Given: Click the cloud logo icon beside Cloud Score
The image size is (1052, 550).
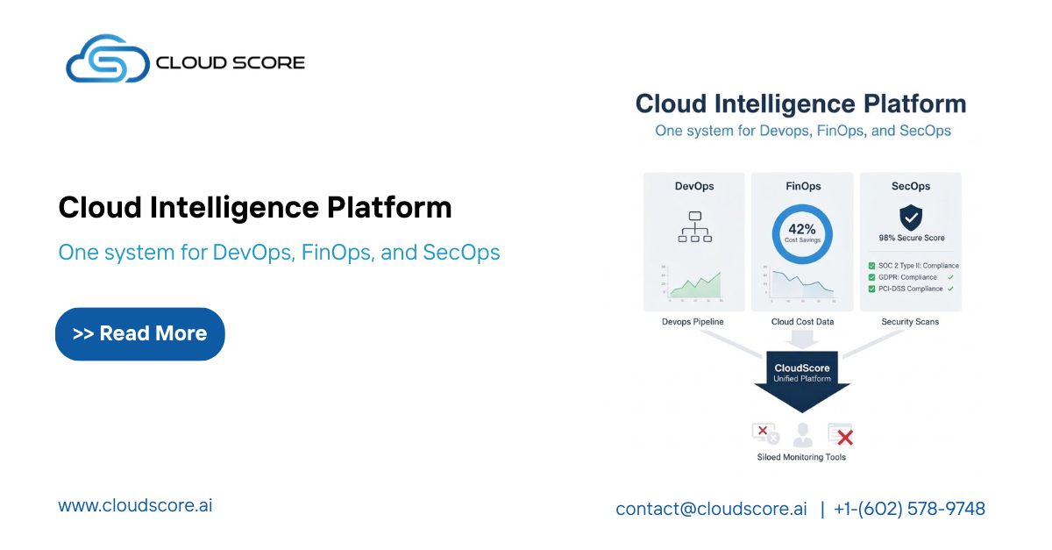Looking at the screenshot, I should click(107, 60).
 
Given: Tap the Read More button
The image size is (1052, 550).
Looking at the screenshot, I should click(140, 334).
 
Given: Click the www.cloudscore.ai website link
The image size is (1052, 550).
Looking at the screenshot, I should click(135, 506).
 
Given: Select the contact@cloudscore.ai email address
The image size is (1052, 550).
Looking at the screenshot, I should click(711, 509).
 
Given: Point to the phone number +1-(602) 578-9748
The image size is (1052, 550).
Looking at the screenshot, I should click(909, 509).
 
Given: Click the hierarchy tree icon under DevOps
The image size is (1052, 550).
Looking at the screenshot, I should click(693, 226).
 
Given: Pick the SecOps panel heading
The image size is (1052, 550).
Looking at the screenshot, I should click(910, 186).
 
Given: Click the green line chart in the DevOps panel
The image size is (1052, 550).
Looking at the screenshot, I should click(695, 283).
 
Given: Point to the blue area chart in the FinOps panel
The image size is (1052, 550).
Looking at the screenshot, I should click(802, 283).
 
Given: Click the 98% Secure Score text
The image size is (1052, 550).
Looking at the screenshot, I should click(911, 239).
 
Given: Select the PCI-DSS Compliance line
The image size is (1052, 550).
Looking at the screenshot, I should click(910, 289).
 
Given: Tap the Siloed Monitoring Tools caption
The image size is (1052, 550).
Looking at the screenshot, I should click(801, 457).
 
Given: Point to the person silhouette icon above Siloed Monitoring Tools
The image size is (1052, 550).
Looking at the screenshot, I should click(802, 433).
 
